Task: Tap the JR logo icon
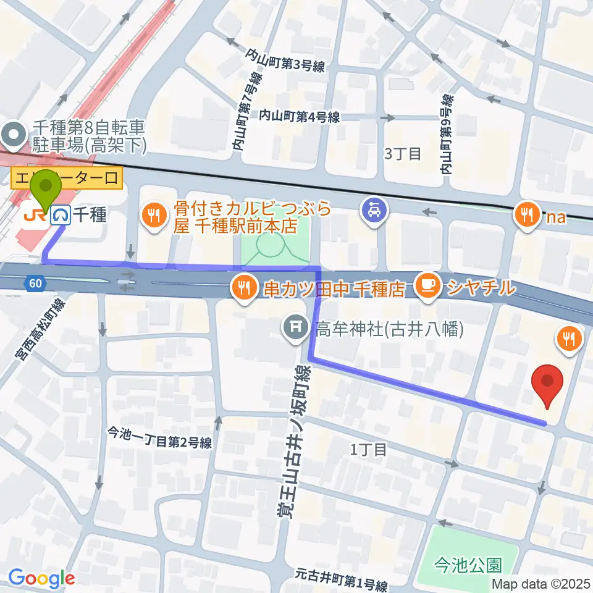point(32,215)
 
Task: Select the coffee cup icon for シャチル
point(427,285)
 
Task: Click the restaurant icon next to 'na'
point(526,214)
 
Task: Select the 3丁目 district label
point(402,153)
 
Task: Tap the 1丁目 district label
point(368,449)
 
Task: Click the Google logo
point(41,578)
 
